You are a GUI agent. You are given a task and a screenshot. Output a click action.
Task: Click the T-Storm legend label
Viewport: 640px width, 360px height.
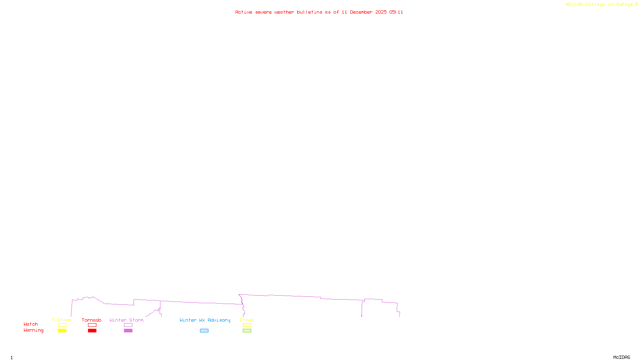coord(62,320)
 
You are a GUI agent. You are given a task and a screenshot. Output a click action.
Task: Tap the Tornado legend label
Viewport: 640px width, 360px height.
coord(92,320)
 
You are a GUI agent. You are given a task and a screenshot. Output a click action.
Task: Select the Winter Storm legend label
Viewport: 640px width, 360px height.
coord(126,320)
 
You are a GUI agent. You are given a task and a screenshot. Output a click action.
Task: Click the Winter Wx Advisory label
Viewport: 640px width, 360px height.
coord(205,320)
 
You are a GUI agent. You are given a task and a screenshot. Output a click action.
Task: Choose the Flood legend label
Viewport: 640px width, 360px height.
coord(247,320)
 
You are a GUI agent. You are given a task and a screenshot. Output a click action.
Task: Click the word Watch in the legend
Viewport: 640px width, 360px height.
coord(31,324)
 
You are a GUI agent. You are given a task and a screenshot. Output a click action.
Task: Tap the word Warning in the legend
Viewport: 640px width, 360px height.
coord(33,330)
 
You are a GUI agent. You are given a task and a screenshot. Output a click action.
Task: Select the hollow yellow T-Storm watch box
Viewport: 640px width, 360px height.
coord(62,325)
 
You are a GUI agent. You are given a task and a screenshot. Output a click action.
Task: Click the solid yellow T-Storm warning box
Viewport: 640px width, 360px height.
coord(62,331)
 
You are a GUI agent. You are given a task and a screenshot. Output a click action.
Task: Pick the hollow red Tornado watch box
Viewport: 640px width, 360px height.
coord(92,325)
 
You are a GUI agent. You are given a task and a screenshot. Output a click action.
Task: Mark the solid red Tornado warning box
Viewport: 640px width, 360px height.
coord(92,331)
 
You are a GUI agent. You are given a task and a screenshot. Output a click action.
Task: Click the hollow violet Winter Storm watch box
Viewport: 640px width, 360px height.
coord(128,325)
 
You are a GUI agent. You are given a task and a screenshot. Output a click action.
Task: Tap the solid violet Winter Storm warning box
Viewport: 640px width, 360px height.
coord(128,331)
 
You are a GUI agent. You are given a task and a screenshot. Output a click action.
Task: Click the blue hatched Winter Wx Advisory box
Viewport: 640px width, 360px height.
coord(204,331)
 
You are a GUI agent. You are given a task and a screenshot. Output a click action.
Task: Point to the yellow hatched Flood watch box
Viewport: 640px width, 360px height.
coord(247,325)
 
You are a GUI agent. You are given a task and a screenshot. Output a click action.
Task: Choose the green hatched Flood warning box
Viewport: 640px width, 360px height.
coord(247,331)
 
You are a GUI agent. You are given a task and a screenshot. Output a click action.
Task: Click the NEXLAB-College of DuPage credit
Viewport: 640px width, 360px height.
coord(600,4)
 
